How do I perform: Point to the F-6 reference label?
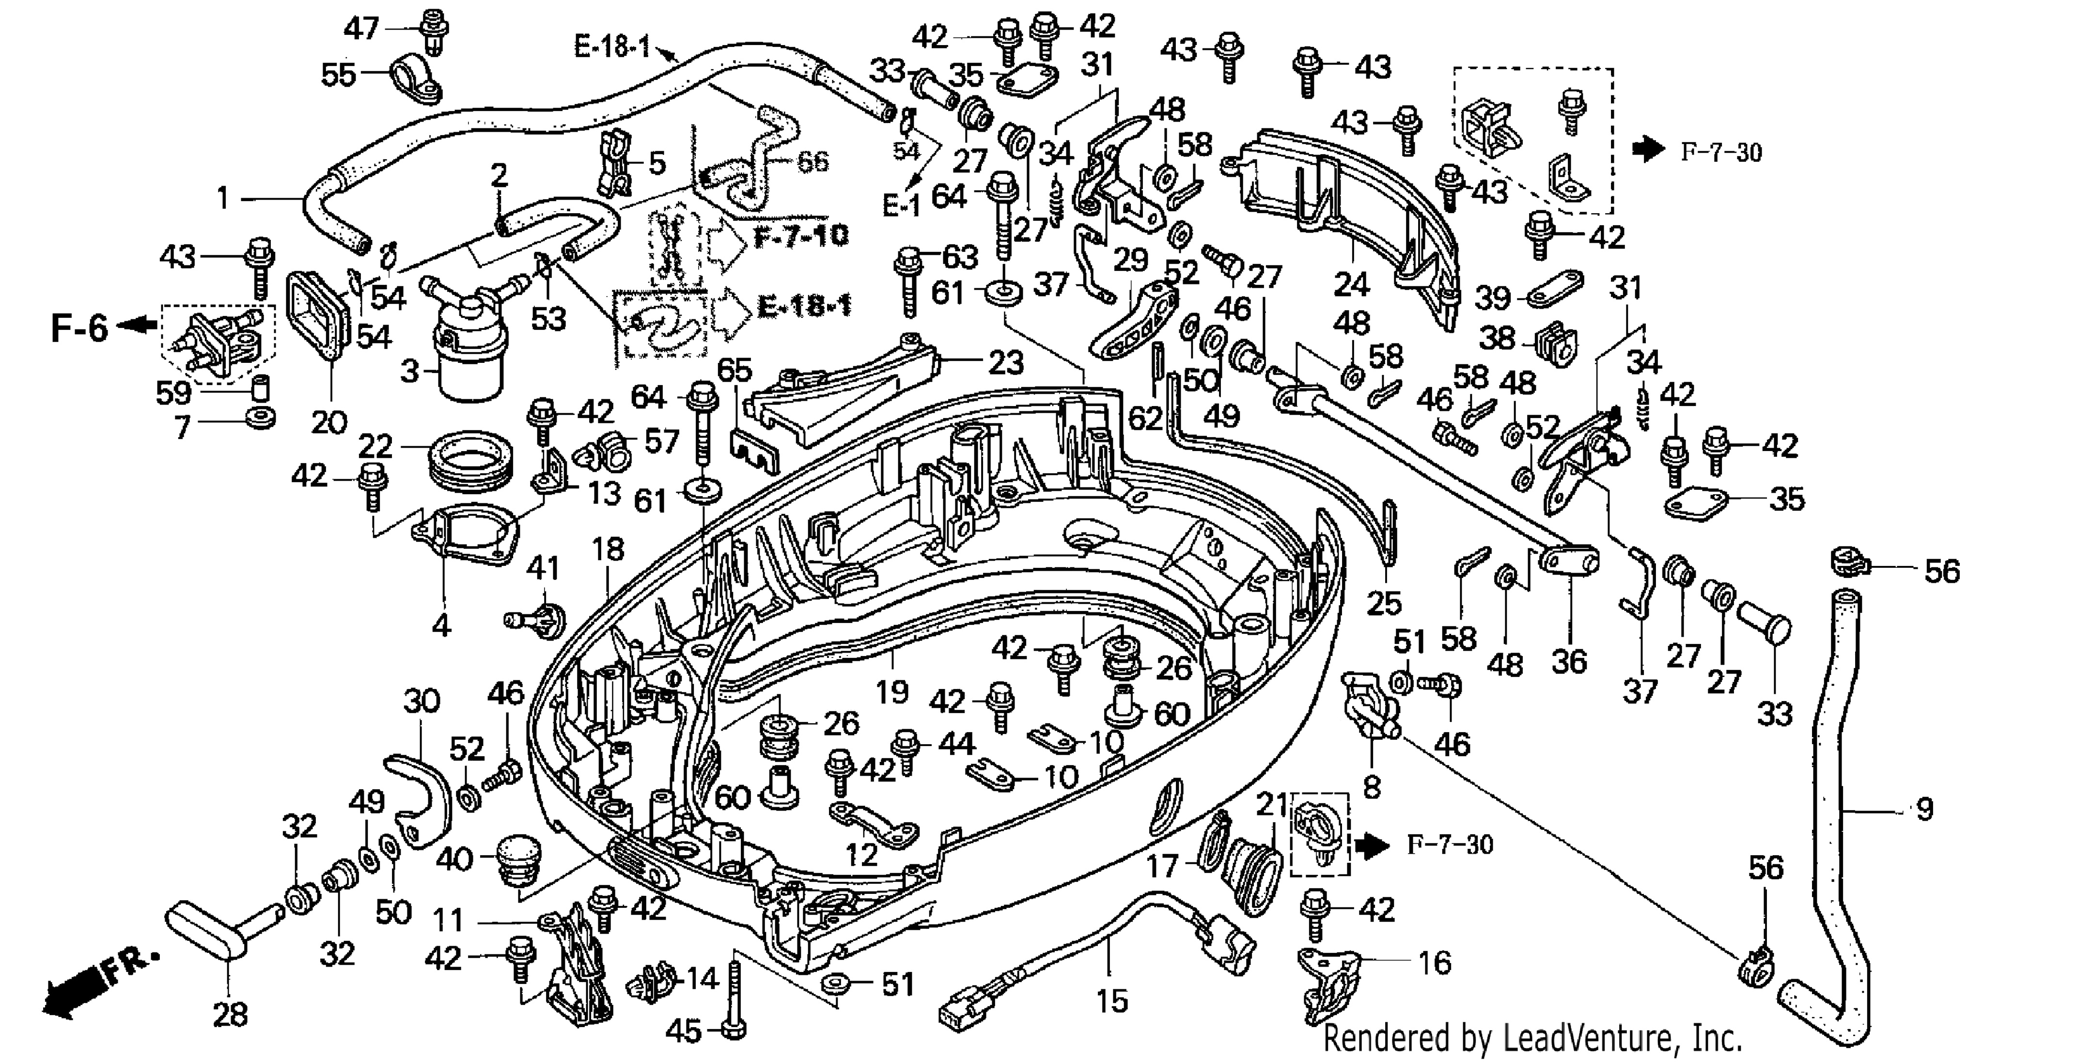(x=79, y=328)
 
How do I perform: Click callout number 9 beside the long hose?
(x=1924, y=809)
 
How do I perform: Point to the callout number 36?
(x=1569, y=662)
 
